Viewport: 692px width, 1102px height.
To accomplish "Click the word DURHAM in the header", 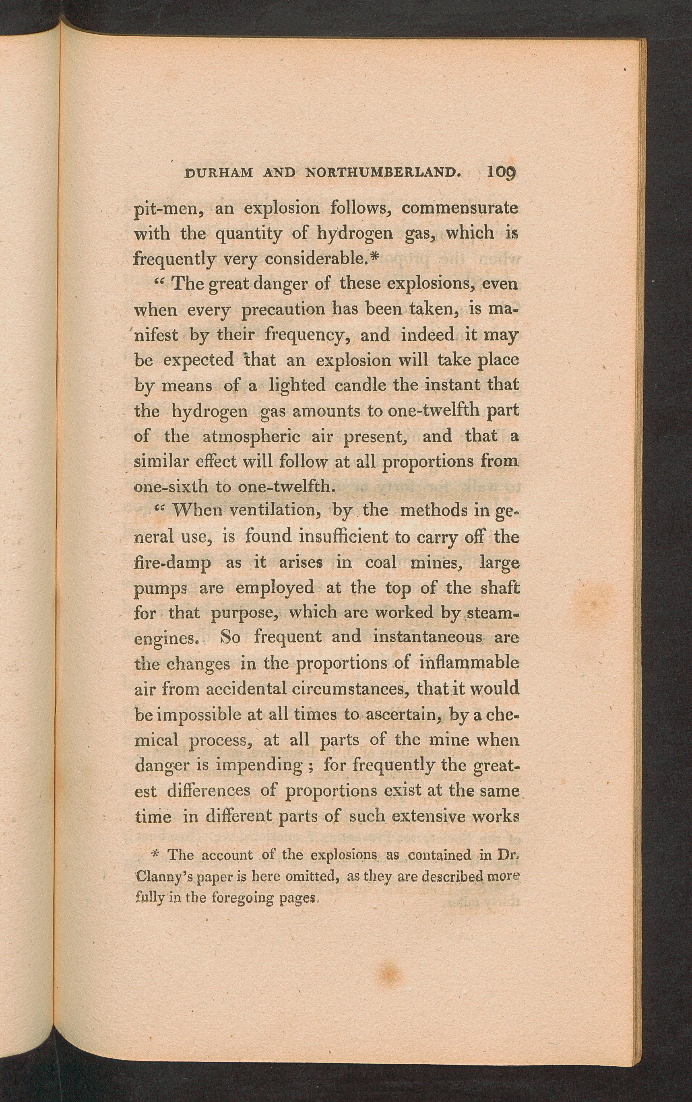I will click(218, 173).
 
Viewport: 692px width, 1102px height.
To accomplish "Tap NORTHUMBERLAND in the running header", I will click(382, 173).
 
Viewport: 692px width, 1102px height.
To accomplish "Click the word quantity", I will click(248, 234).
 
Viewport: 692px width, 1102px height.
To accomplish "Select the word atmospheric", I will click(251, 437).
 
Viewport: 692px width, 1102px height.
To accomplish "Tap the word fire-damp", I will click(173, 562).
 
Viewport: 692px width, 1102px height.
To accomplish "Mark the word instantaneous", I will click(428, 637).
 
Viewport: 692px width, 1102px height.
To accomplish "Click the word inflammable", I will click(469, 663).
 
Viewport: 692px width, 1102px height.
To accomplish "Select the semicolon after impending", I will click(310, 766).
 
